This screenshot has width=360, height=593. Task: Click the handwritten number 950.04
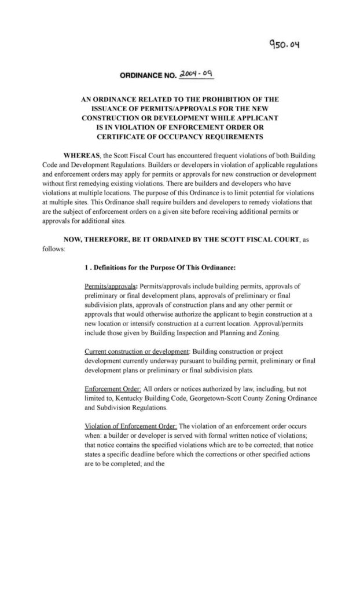click(x=281, y=43)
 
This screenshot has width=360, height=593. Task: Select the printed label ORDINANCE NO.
click(x=142, y=76)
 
